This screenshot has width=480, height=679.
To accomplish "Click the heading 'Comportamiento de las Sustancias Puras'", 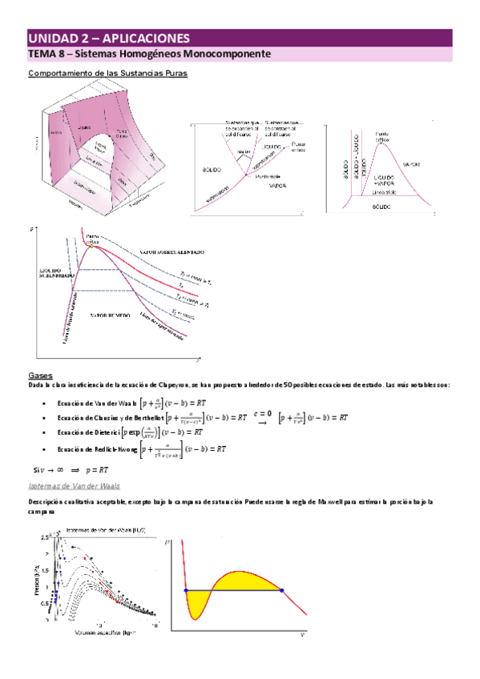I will point(108,74).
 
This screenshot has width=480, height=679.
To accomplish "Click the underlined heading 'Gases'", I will point(39,374).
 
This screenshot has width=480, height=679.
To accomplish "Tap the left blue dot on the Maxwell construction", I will point(186,590).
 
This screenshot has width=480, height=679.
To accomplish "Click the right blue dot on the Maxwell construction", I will point(281,590).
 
